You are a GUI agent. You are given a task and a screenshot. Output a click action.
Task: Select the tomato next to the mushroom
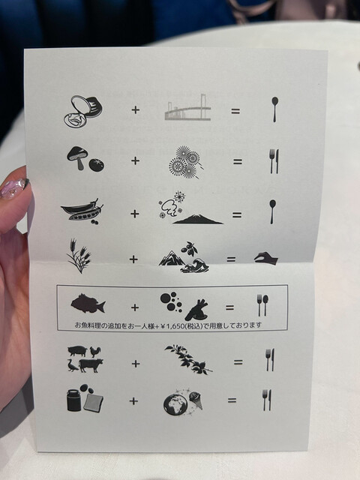pyautogui.click(x=97, y=165)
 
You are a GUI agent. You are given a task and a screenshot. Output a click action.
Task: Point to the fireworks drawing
pyautogui.click(x=185, y=162)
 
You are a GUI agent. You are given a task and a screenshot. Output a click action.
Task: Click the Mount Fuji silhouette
pyautogui.click(x=198, y=220)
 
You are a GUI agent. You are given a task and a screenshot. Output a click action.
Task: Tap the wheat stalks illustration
pyautogui.click(x=79, y=256)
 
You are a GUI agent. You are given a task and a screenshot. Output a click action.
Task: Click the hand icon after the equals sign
pyautogui.click(x=265, y=259)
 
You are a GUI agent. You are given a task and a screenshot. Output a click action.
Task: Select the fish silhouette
pyautogui.click(x=88, y=303)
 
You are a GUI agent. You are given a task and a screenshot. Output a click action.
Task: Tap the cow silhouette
pyautogui.click(x=91, y=365)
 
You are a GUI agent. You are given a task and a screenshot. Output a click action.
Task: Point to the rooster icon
pyautogui.click(x=95, y=352)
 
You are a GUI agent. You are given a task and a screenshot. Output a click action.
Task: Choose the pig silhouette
pyautogui.click(x=77, y=351)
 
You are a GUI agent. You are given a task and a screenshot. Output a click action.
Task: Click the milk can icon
pyautogui.click(x=74, y=399)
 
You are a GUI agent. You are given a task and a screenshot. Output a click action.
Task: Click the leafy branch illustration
pyautogui.click(x=188, y=359)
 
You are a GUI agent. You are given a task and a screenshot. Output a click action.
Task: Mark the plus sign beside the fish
pyautogui.click(x=135, y=307)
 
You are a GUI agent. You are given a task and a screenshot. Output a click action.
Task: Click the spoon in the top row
pyautogui.click(x=274, y=109)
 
